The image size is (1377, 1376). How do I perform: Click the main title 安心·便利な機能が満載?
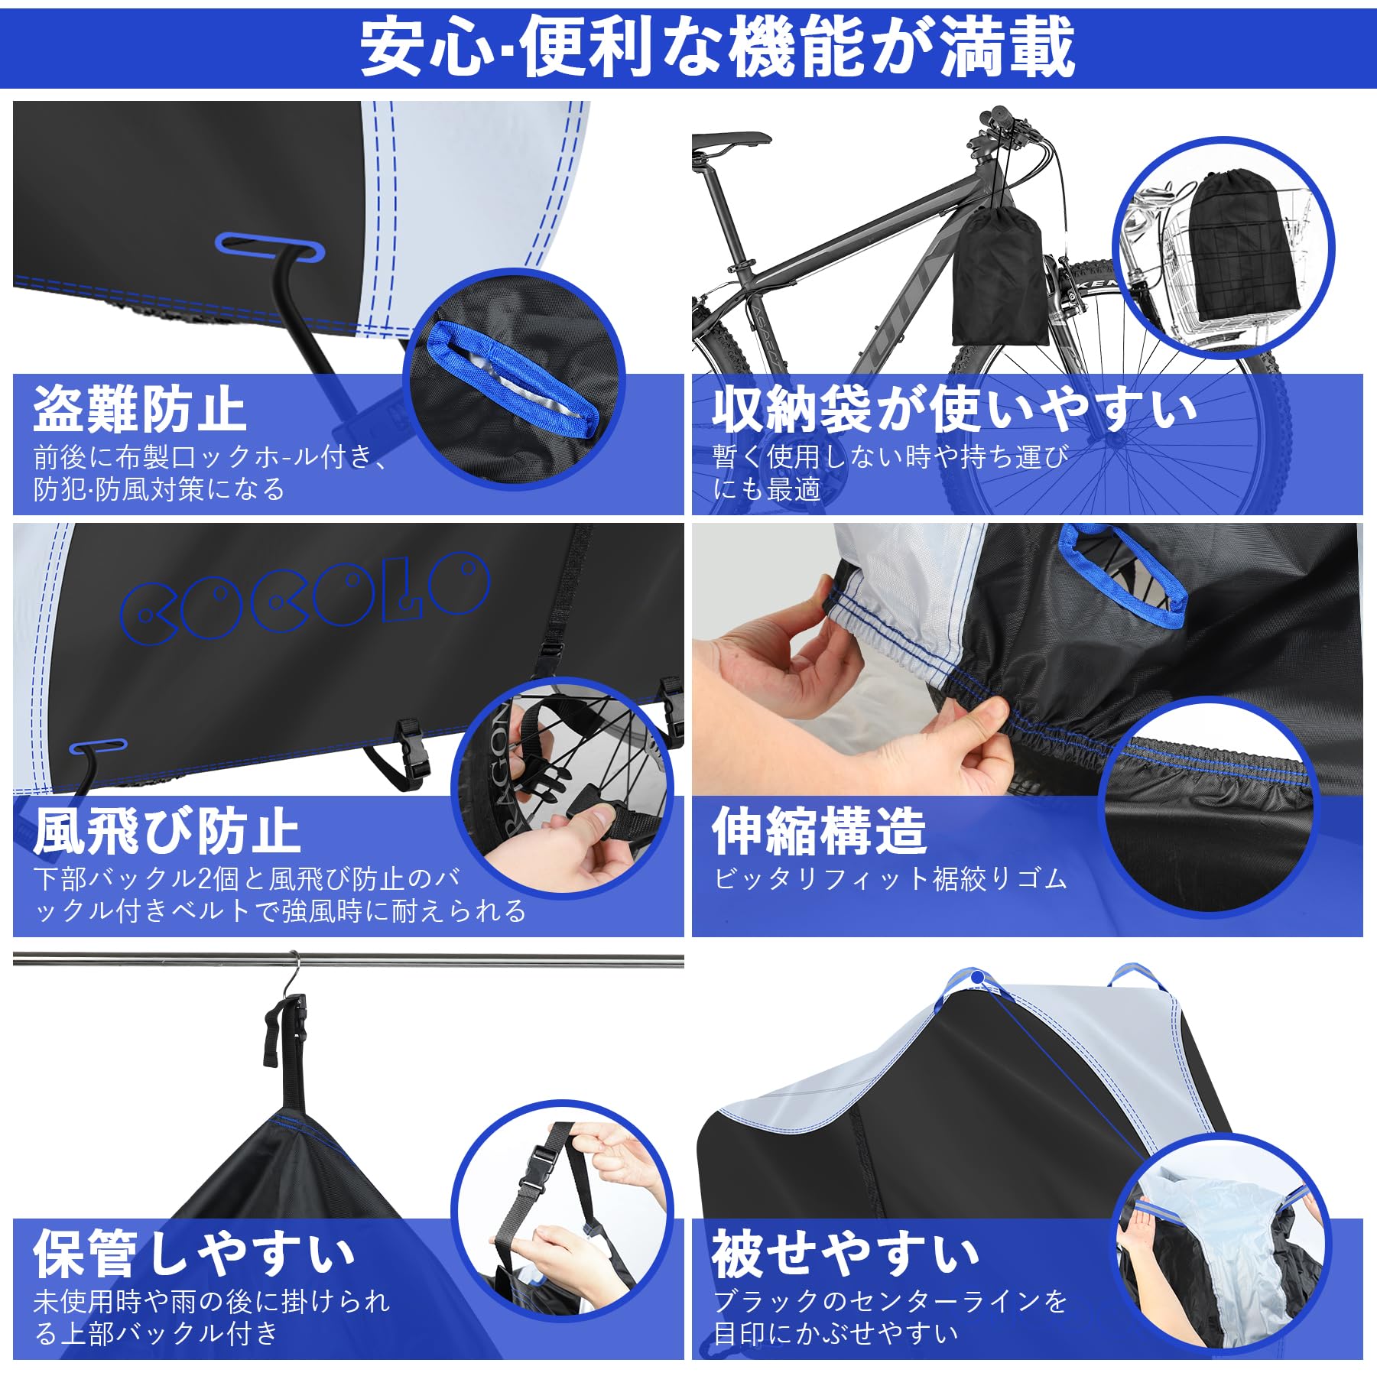coord(717,48)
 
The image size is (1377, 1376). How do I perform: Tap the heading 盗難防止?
coord(139,410)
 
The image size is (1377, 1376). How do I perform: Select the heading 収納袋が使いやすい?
coord(954,410)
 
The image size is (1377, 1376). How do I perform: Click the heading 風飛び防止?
coord(167,832)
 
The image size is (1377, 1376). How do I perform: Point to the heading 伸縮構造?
coord(819,832)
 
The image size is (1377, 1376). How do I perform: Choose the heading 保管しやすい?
coord(194,1254)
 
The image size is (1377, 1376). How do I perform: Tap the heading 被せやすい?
coord(846,1254)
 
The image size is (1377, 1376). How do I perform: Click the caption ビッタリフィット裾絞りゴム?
coord(890,879)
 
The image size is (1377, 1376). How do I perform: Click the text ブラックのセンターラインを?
coord(890,1301)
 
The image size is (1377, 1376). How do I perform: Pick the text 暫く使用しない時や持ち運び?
coord(890,457)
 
